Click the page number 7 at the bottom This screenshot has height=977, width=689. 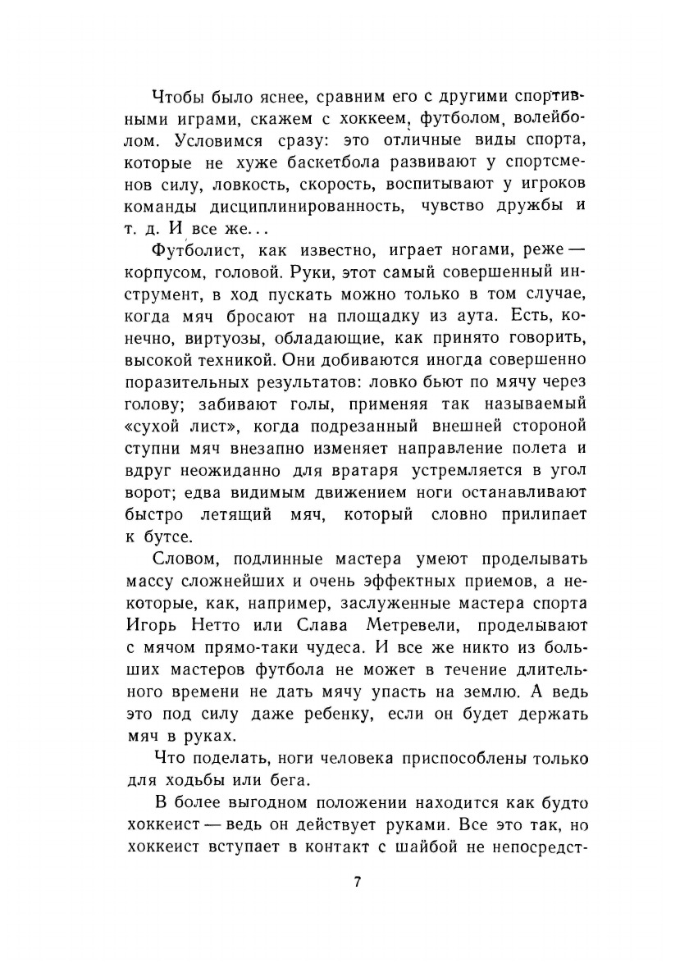click(357, 883)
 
